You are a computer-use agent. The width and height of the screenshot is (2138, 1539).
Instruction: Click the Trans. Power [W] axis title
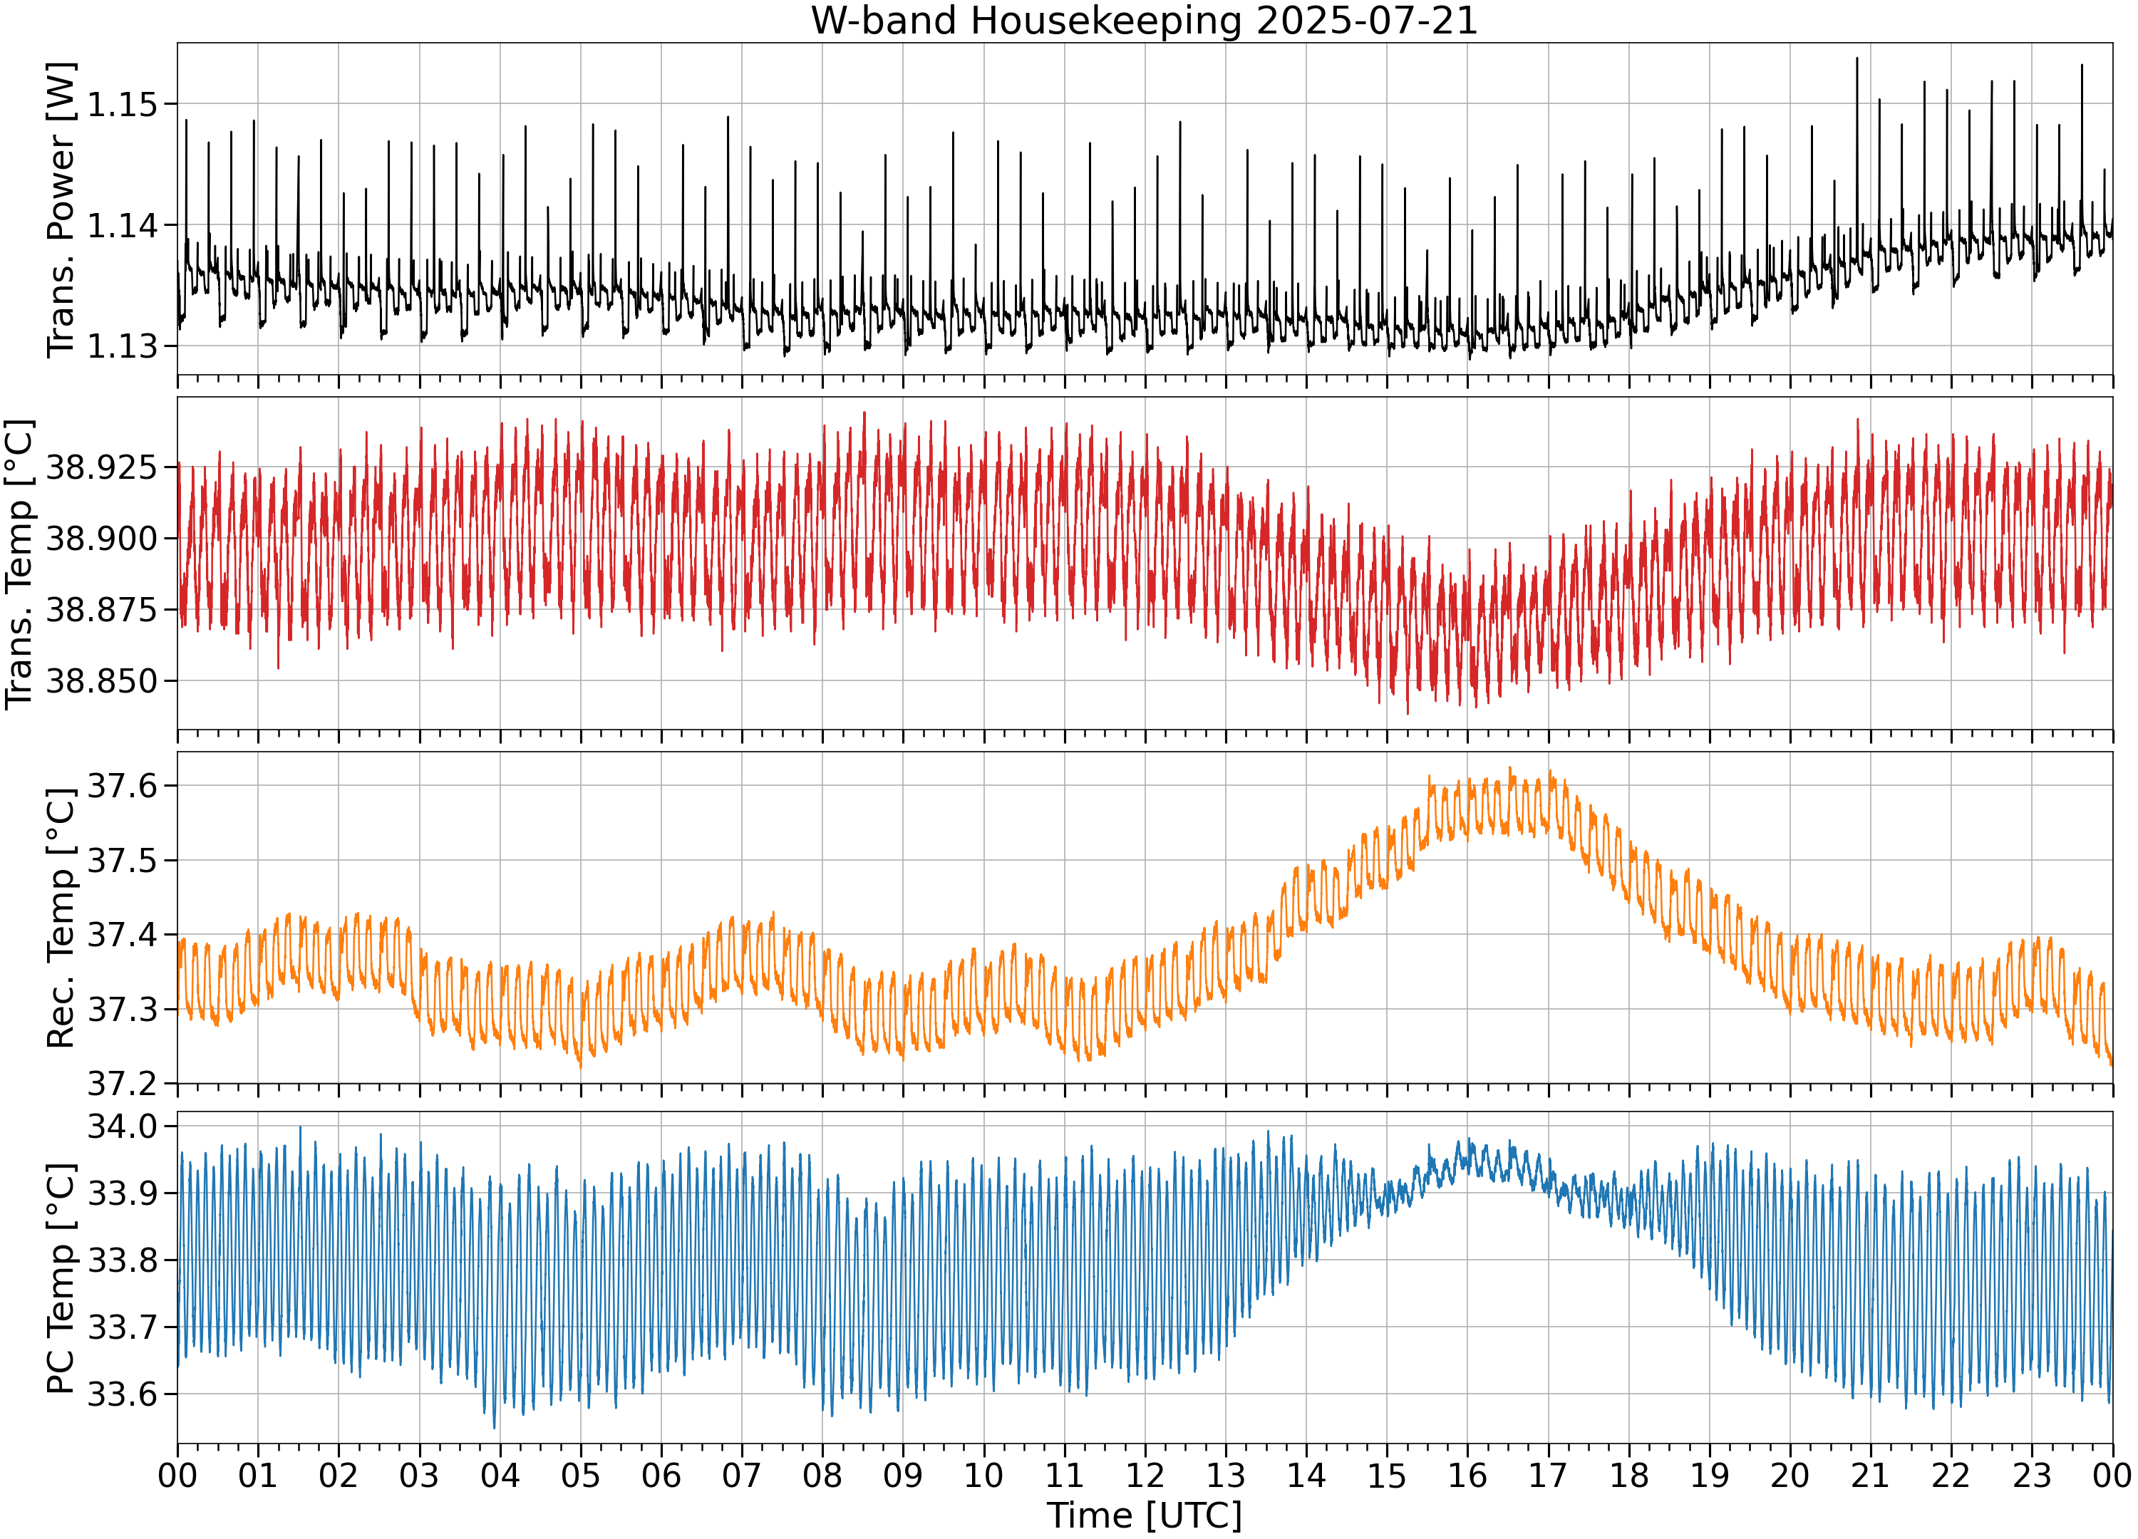point(61,210)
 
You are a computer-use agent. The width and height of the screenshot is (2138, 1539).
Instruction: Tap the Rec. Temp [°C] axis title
point(61,919)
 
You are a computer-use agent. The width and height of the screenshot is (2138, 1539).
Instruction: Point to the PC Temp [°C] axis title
point(61,1278)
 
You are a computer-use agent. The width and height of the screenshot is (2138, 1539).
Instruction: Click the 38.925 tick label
point(101,467)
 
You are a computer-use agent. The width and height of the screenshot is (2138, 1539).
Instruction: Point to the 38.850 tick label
point(101,680)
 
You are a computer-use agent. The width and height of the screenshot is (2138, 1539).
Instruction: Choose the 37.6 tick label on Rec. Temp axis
point(122,785)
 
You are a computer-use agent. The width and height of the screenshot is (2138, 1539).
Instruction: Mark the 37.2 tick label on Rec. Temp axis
point(122,1084)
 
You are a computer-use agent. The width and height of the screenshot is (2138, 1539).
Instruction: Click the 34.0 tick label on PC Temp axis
point(122,1126)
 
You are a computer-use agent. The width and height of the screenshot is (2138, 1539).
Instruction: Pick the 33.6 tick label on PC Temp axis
point(122,1394)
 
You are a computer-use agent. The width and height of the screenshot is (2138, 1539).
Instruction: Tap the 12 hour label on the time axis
point(1145,1475)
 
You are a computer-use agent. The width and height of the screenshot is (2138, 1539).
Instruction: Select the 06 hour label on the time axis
point(661,1475)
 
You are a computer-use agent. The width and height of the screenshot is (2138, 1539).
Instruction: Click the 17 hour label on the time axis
point(1548,1475)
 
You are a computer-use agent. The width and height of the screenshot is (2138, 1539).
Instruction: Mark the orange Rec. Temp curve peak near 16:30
point(1510,769)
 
